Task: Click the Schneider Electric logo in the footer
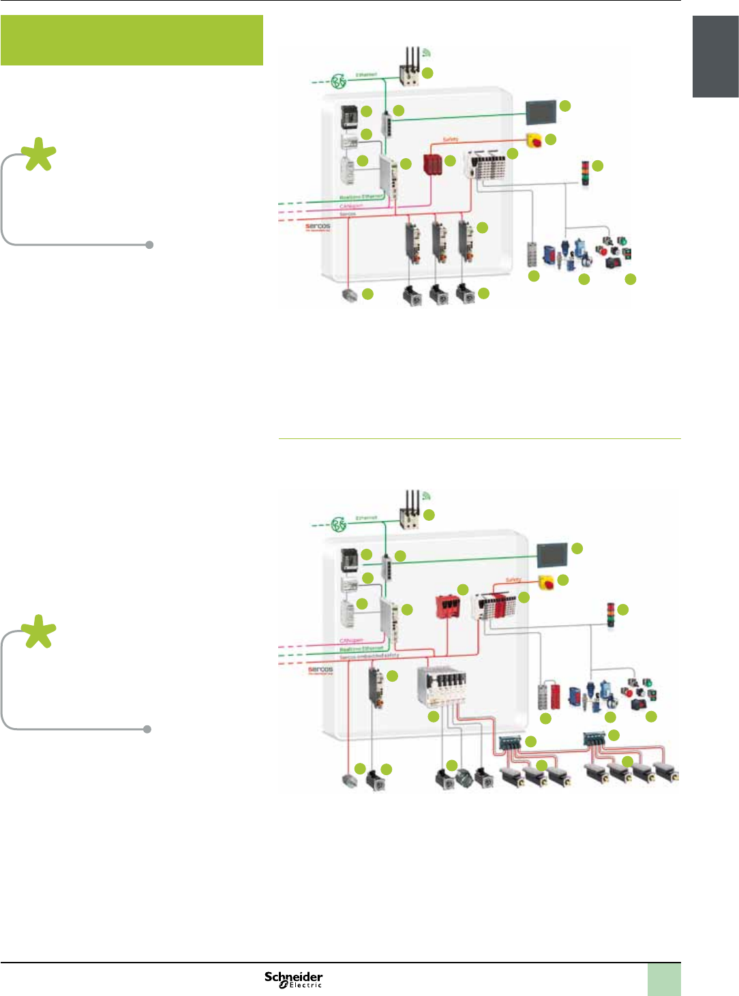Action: (x=293, y=980)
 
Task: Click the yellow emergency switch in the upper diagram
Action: (x=534, y=141)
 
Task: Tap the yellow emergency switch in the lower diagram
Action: (x=546, y=583)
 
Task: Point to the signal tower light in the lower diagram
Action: (x=610, y=615)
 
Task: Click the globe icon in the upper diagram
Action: (x=339, y=82)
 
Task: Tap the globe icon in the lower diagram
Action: (x=339, y=524)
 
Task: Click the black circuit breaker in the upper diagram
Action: (x=349, y=117)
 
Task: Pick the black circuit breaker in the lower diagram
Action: (x=349, y=560)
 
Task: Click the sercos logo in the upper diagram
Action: (x=318, y=226)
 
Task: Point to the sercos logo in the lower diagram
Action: (x=320, y=669)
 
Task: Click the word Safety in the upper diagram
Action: (x=451, y=139)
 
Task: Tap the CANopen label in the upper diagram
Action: (x=351, y=205)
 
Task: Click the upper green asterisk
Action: (x=39, y=155)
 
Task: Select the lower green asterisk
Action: (x=39, y=632)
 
